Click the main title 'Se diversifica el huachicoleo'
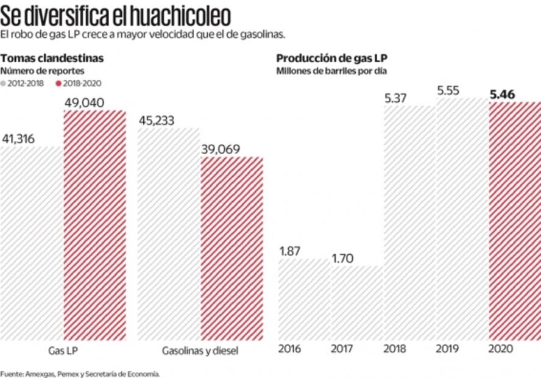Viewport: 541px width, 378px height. pos(116,13)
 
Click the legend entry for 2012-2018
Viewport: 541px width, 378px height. pos(23,84)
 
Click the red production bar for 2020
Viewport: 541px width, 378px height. pos(515,219)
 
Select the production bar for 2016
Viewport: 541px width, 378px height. pos(303,299)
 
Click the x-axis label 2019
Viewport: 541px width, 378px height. pos(448,349)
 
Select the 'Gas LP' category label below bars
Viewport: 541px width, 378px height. pos(63,351)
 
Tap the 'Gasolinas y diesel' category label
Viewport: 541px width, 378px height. pos(200,351)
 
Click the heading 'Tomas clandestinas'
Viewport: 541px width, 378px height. pos(52,59)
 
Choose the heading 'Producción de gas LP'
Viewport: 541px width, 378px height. pos(332,59)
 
